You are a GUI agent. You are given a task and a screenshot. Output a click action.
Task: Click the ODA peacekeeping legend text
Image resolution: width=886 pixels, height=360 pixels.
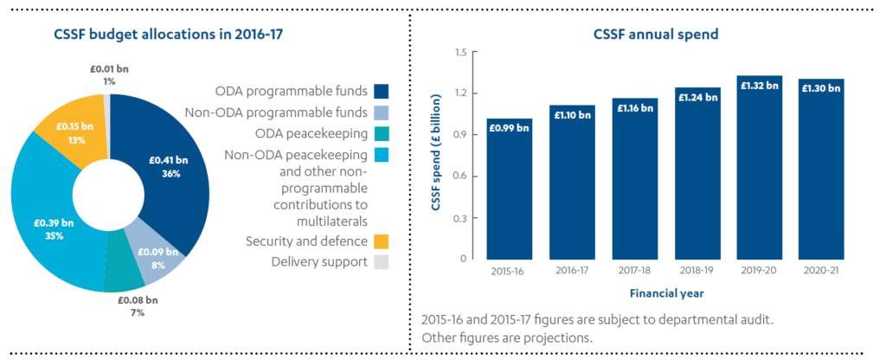[312, 133]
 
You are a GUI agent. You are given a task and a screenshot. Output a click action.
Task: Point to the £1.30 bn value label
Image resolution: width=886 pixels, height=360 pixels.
[820, 88]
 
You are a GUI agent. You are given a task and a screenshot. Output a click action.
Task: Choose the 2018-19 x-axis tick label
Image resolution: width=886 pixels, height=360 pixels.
[695, 269]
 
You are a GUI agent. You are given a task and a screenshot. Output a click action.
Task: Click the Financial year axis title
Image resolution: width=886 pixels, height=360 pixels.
[664, 292]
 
